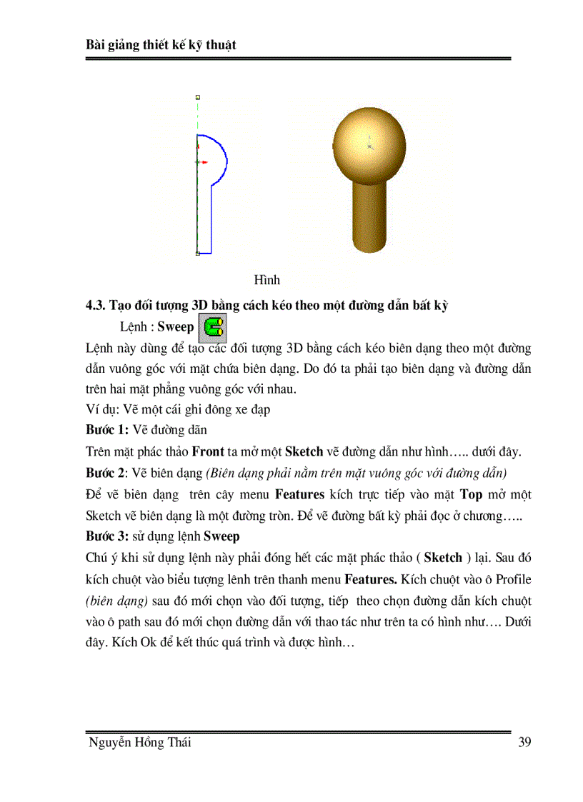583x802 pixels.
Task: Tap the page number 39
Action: pos(524,743)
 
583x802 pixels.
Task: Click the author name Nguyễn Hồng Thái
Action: pos(139,743)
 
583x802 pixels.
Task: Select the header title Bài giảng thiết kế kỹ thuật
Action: pos(161,45)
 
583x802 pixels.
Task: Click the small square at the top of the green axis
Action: pos(198,96)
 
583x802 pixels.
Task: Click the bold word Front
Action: pos(208,451)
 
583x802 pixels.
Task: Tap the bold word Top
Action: pos(472,494)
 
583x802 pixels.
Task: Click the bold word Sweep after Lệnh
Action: pos(175,327)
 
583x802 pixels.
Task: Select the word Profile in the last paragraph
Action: pos(509,578)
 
